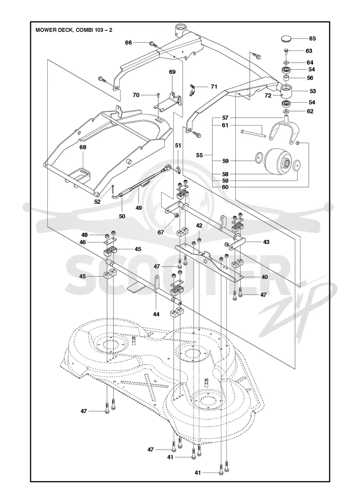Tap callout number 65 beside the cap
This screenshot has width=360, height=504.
tap(312, 39)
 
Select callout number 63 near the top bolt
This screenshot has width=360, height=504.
tap(309, 51)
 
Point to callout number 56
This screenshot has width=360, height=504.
tap(310, 78)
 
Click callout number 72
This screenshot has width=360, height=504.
tap(268, 95)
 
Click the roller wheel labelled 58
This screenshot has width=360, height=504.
tap(277, 163)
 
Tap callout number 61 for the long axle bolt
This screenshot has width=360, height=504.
tap(225, 126)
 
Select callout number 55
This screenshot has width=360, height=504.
tap(200, 155)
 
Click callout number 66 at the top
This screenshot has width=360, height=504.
tap(128, 42)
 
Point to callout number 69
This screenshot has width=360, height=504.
tap(172, 72)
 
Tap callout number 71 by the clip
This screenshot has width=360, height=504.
tap(214, 86)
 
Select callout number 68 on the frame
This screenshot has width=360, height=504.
tap(83, 148)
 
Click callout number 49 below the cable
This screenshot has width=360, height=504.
tap(139, 207)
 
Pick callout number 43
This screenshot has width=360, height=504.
tap(266, 242)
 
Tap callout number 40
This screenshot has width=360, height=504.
tap(265, 277)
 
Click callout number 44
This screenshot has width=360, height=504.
tap(156, 315)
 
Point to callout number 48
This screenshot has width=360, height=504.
tap(84, 235)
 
